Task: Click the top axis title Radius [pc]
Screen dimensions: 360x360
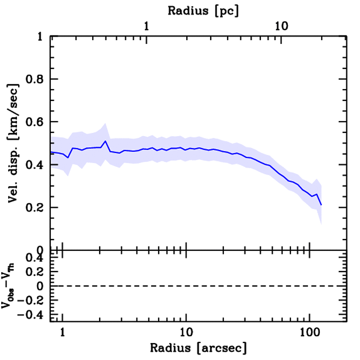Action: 203,11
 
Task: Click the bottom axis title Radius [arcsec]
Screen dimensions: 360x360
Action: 198,348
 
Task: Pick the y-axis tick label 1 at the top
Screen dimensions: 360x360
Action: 41,37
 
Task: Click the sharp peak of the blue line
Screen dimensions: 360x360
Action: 105,141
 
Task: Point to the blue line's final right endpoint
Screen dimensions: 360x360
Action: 321,205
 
